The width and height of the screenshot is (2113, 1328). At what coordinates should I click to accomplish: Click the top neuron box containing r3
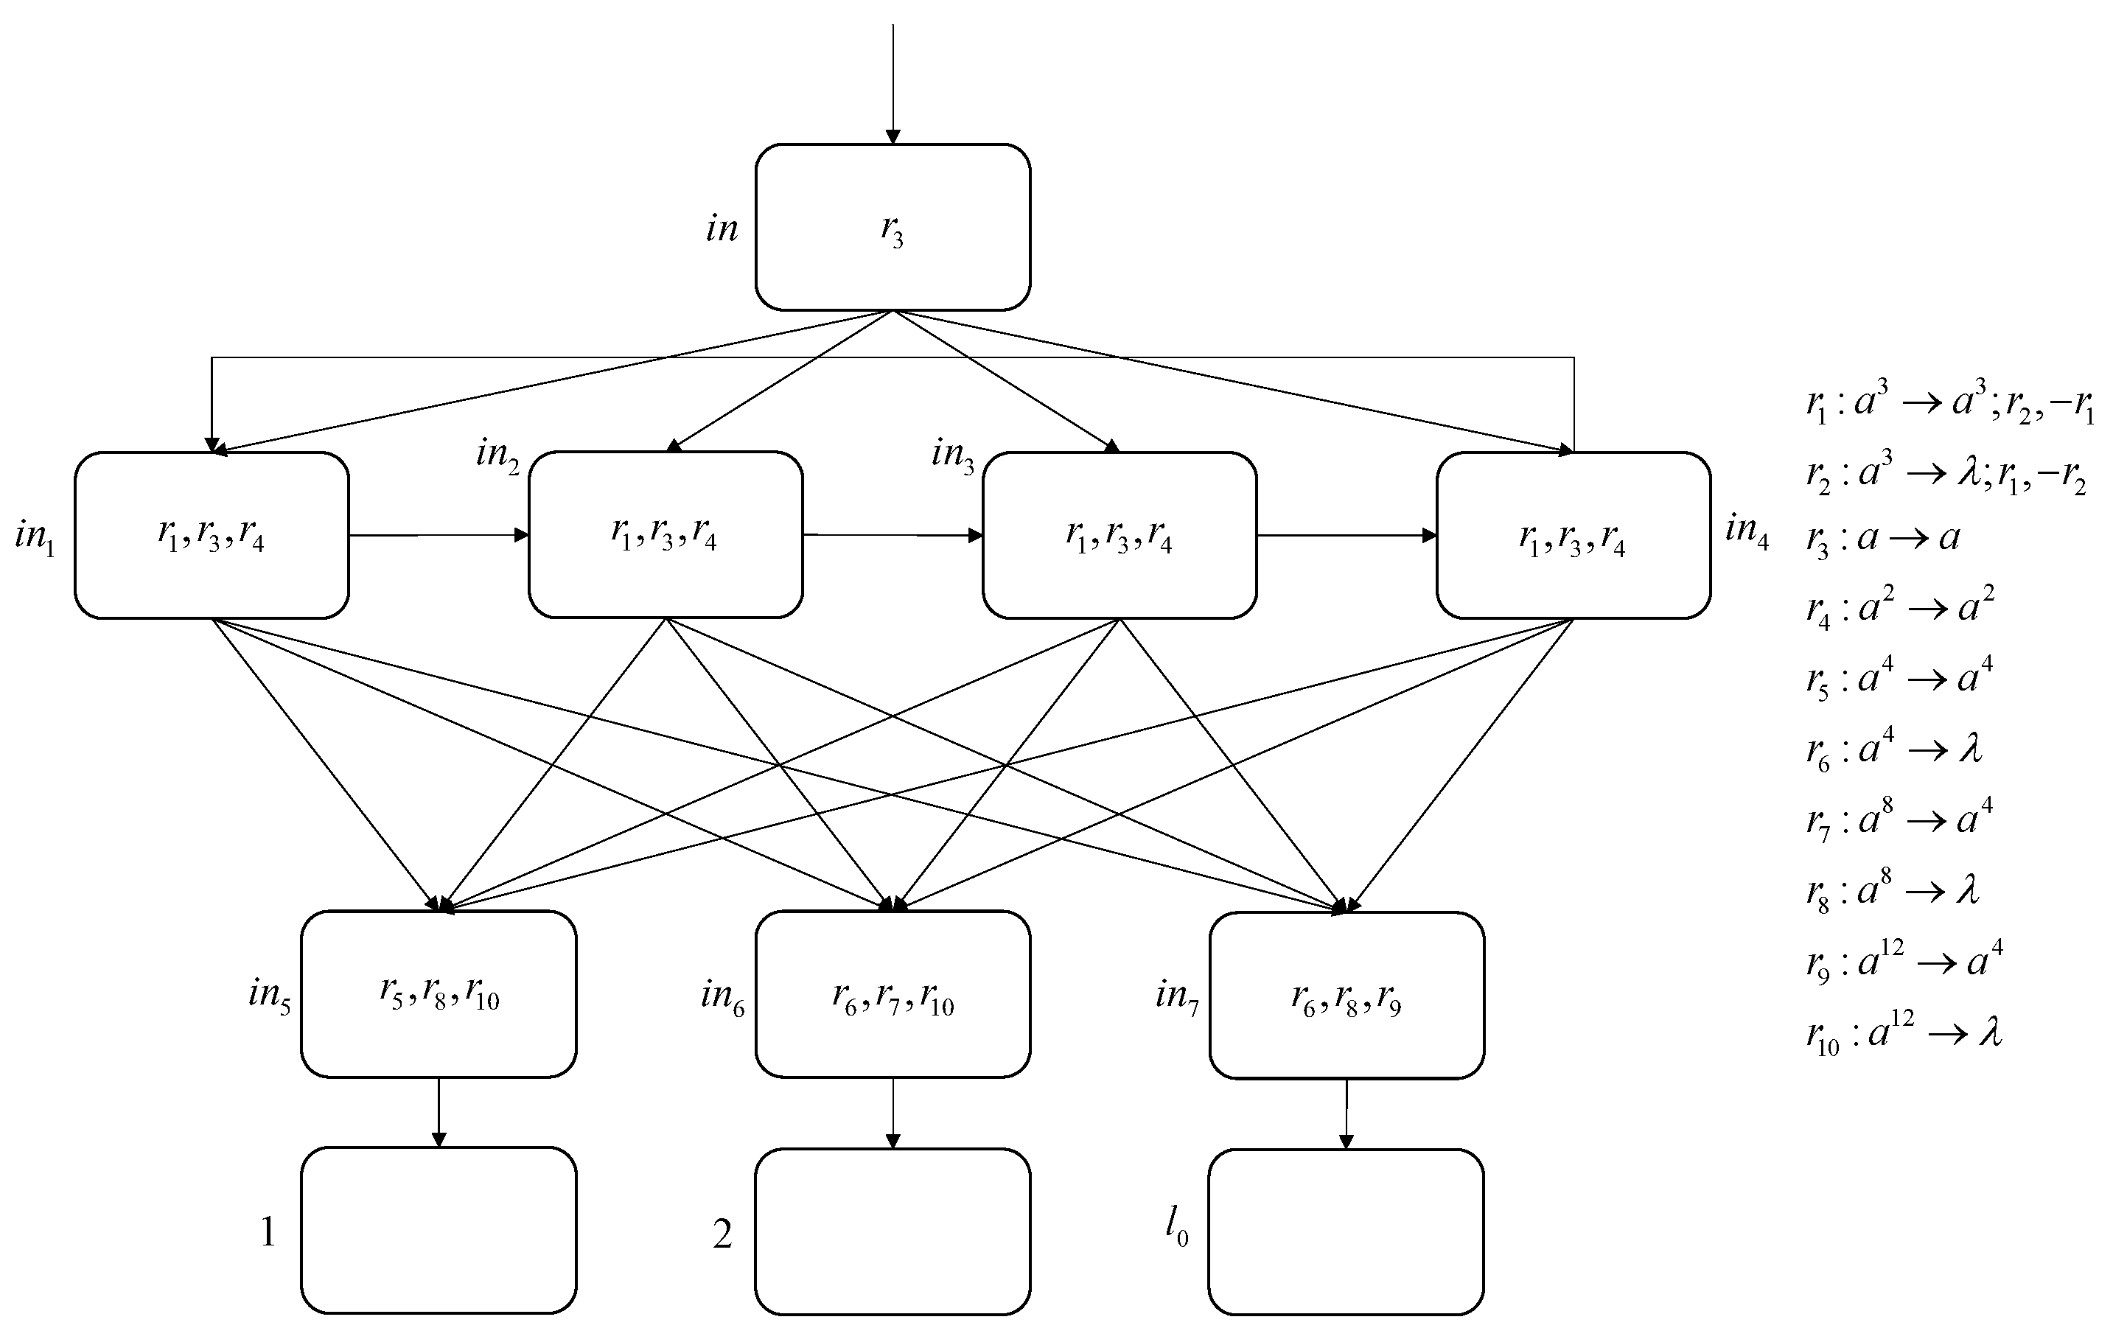pos(893,227)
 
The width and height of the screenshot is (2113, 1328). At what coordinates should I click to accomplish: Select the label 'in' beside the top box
pos(722,229)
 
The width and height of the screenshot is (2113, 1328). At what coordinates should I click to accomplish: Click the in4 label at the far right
pos(1745,529)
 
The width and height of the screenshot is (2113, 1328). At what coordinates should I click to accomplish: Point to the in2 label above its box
pos(497,455)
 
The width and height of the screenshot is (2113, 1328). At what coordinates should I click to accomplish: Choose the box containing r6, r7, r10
pos(893,995)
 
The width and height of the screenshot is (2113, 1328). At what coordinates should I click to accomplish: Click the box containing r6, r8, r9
pos(1346,996)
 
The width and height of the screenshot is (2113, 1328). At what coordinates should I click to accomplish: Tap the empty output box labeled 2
pos(893,1231)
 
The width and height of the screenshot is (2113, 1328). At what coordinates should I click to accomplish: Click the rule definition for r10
pos(1903,1033)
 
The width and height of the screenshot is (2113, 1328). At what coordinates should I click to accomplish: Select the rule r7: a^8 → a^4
pos(1899,820)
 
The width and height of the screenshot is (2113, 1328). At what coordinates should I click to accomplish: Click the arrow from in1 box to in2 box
pos(439,535)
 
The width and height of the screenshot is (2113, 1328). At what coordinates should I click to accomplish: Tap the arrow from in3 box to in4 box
pos(1346,535)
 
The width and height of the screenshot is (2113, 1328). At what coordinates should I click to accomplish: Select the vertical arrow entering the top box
pos(893,83)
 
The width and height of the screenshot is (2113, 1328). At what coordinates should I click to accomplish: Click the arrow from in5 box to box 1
pos(439,1111)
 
